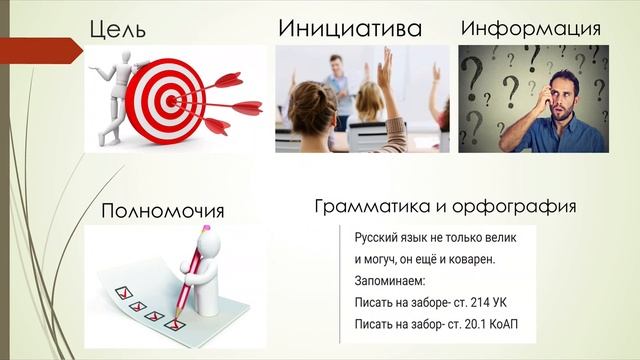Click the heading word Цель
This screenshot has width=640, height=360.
pos(118,29)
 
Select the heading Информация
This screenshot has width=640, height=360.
pos(530,28)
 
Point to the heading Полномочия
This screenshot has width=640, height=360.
pos(163,211)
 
